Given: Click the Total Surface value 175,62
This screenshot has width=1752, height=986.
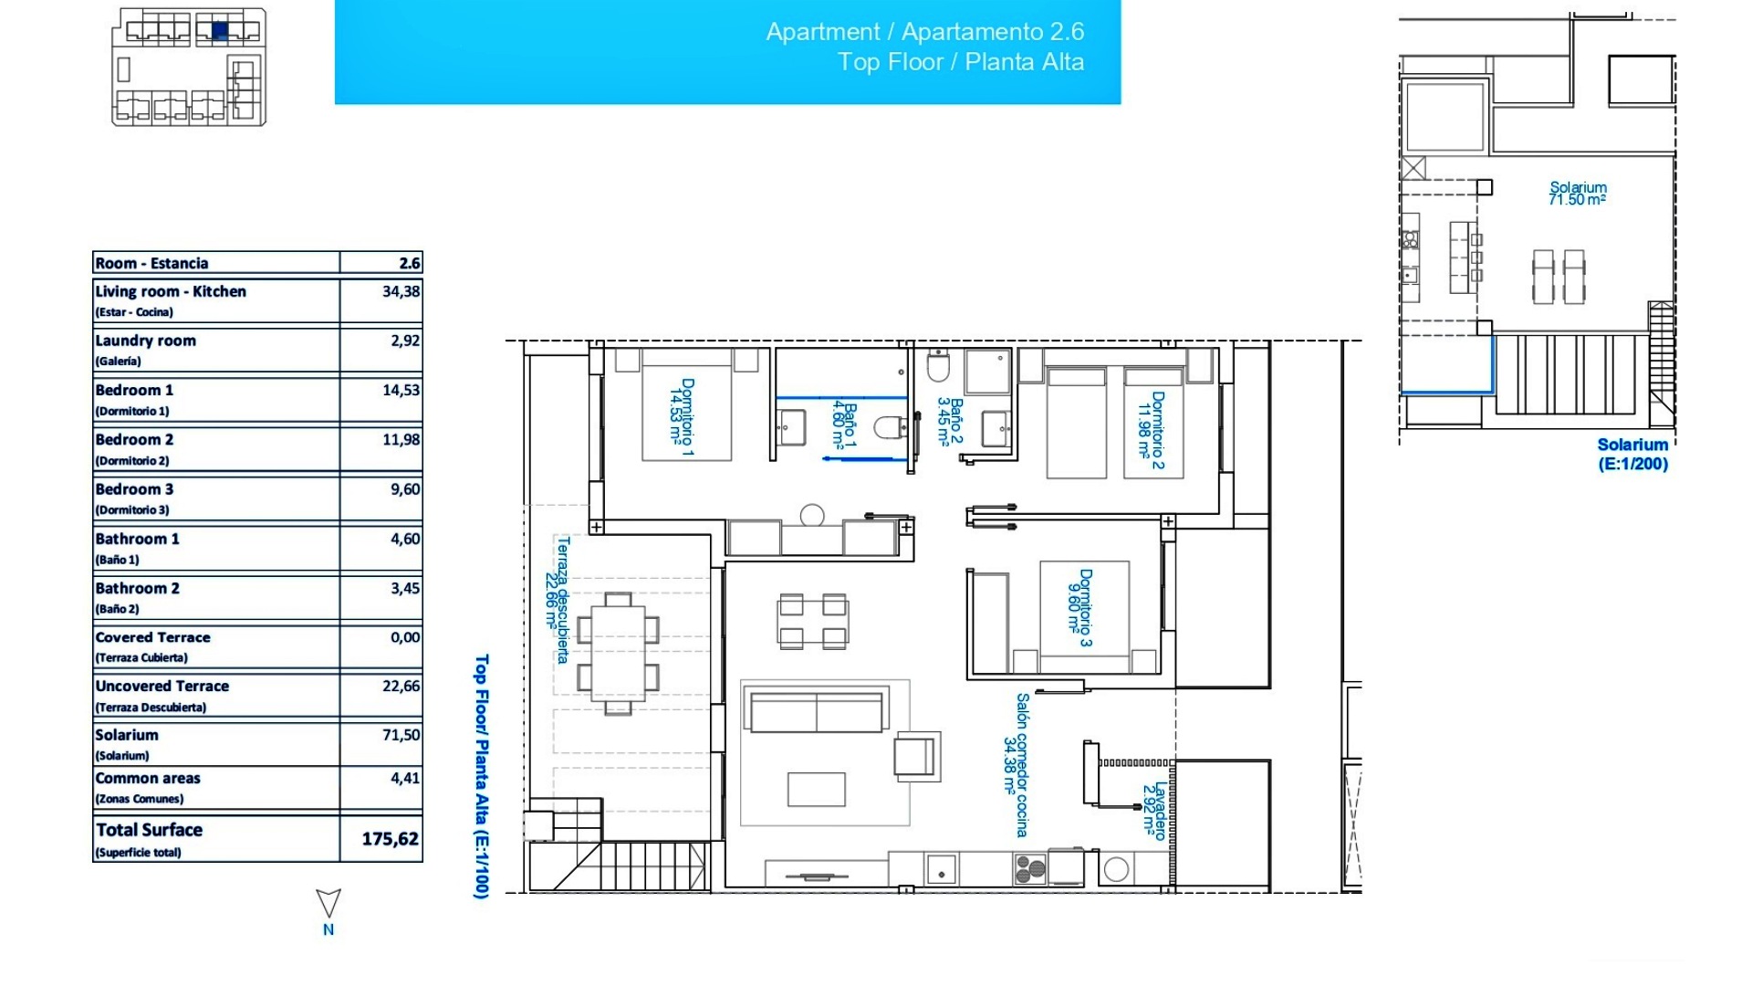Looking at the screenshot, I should [390, 838].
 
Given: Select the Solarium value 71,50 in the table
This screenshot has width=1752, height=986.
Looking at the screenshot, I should [401, 735].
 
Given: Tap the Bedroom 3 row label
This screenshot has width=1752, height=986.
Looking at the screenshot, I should [134, 489].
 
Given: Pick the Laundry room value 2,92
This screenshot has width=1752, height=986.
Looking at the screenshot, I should [405, 341].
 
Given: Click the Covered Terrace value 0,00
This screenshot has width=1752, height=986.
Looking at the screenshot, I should [405, 637].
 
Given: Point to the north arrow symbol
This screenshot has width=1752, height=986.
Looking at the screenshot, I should [328, 904].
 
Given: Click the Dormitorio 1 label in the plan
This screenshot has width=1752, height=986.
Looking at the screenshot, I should [682, 417].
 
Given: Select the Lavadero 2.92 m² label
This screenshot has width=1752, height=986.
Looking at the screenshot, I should [1153, 809].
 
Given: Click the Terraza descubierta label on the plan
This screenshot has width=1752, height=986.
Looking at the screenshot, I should [558, 600].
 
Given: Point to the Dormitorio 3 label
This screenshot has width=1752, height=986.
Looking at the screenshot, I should [1079, 608].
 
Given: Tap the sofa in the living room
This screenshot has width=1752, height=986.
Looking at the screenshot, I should [816, 711].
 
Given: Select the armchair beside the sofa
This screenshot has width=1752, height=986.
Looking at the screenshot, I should [916, 756].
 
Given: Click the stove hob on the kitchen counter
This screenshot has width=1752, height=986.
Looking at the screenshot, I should [1029, 868].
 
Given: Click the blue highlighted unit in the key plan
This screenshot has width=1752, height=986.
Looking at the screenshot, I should [220, 31].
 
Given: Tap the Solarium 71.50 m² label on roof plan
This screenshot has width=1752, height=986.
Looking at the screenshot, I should [1577, 194].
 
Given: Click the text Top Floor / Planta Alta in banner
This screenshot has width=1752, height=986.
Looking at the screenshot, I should [960, 62].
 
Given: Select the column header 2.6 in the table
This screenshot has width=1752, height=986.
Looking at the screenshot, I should [410, 263].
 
